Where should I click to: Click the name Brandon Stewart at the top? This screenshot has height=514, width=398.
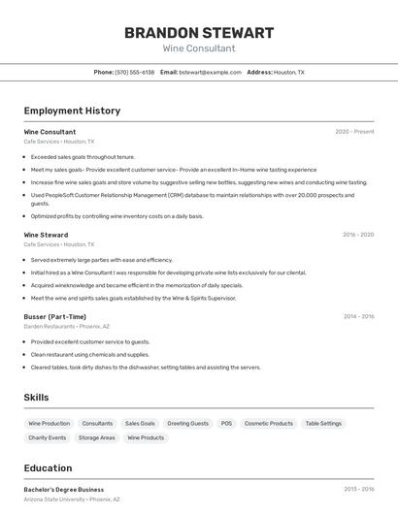click(199, 33)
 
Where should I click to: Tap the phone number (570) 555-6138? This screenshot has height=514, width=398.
click(135, 72)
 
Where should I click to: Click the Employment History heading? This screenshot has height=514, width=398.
click(72, 111)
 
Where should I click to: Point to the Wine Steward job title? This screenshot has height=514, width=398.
click(46, 235)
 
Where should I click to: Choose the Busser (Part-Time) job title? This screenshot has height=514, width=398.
click(54, 316)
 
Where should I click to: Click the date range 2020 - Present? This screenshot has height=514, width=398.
click(354, 132)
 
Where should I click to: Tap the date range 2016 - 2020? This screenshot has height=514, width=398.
click(358, 235)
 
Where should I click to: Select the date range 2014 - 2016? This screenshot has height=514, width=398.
click(358, 316)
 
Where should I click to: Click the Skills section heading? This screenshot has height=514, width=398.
click(36, 398)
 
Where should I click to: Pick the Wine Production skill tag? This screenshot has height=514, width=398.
click(50, 424)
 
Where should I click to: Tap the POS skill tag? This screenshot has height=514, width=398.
click(226, 424)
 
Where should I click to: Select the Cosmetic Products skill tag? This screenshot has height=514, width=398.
click(269, 424)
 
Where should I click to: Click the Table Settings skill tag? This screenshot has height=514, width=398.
click(323, 424)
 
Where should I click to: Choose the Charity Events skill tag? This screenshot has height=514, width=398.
click(48, 437)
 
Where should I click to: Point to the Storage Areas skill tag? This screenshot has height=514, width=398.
click(97, 437)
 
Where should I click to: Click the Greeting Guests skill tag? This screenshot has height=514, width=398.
click(187, 424)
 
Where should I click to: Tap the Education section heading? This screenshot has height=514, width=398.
click(48, 467)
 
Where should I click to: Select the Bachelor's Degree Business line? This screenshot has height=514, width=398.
click(64, 490)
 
